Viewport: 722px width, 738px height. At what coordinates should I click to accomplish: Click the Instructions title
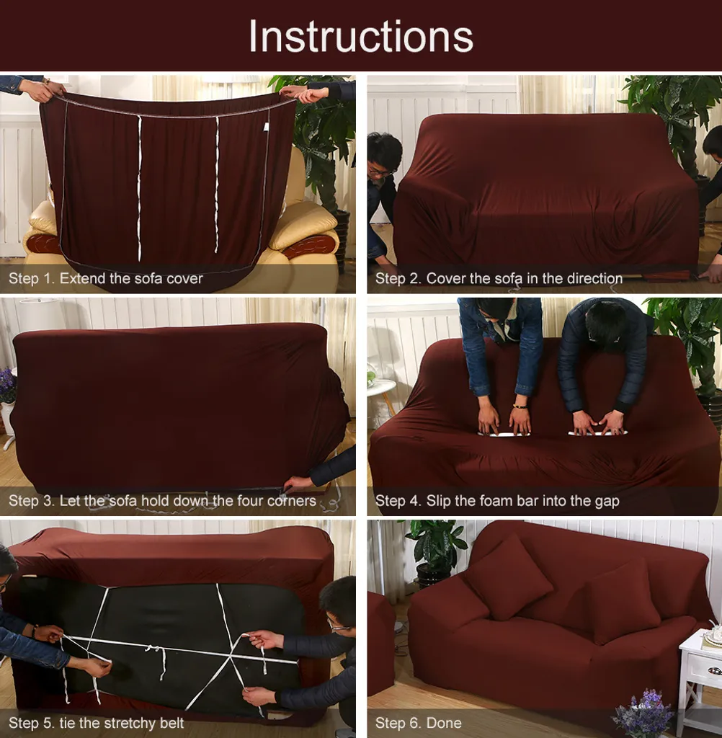pos(360,36)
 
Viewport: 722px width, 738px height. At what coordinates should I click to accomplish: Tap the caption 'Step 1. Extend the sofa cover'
pos(105,278)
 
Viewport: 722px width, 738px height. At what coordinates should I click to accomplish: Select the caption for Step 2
pos(499,278)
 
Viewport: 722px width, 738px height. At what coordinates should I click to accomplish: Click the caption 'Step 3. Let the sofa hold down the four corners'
pos(162,500)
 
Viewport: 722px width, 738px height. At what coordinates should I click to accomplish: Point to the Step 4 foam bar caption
pos(497,501)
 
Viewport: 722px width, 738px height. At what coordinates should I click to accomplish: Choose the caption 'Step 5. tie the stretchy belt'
pos(96,723)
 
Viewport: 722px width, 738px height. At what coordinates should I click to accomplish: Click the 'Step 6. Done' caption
pos(418,723)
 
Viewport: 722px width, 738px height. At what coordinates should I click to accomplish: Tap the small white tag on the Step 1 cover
pos(266,127)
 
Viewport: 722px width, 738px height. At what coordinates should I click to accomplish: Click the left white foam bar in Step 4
pos(504,433)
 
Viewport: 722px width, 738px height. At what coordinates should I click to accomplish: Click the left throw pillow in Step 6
pos(509,577)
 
